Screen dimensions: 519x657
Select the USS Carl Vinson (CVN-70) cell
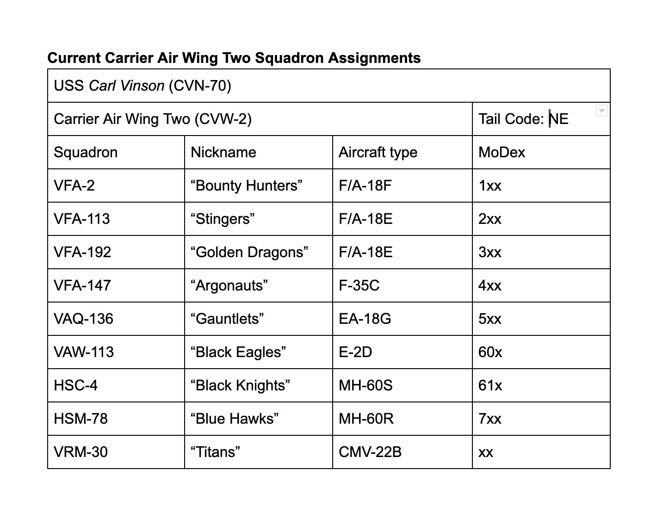143,86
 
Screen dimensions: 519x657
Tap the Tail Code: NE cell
523,119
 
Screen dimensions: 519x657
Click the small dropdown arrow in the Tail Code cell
601,111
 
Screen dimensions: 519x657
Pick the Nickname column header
223,152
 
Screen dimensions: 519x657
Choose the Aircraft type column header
378,152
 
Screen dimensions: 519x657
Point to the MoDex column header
502,152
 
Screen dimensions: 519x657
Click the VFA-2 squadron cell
74,185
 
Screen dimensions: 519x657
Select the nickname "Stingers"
223,219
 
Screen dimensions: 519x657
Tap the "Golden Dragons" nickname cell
249,252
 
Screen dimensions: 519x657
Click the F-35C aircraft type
359,285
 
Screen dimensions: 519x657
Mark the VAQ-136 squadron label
83,319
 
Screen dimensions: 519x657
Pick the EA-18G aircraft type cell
365,319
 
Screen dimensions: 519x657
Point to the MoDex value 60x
490,352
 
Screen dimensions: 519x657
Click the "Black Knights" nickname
240,385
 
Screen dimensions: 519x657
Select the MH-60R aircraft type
366,419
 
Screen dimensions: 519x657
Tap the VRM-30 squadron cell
81,452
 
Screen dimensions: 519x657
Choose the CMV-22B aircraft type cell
370,452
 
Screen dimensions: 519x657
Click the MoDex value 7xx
490,419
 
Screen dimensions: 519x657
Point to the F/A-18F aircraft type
365,185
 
